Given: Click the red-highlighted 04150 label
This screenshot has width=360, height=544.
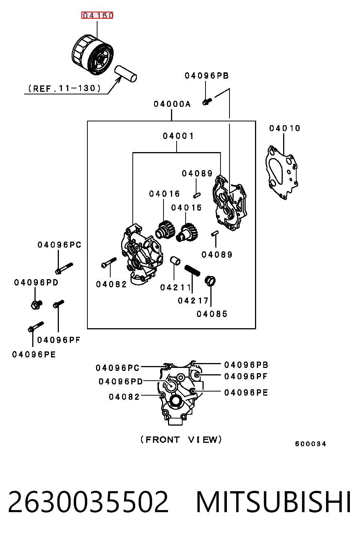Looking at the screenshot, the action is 97,15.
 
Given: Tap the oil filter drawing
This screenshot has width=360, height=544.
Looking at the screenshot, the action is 93,55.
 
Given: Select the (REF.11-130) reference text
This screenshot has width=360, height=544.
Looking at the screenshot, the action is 64,88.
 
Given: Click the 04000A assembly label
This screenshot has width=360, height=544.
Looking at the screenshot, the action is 172,104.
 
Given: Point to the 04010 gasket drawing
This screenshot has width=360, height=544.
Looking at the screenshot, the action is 282,172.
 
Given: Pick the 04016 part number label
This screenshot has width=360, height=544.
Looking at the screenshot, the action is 164,194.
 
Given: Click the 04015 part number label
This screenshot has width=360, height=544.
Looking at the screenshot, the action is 186,208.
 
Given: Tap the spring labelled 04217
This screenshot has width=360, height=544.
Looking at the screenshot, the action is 192,271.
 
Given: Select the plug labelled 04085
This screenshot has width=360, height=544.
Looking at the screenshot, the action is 210,281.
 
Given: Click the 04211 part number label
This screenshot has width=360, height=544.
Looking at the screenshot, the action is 175,287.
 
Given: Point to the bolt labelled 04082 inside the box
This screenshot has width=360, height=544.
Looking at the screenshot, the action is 109,263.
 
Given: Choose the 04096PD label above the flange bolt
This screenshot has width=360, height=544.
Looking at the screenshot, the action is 36,282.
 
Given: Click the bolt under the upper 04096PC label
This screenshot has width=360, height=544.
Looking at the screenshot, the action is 64,268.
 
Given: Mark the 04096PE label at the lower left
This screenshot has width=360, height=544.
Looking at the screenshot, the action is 34,354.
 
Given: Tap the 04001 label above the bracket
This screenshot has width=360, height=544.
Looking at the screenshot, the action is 178,136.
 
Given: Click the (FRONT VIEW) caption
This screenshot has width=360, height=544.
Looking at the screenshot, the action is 181,439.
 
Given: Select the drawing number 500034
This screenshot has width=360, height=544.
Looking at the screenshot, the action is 310,444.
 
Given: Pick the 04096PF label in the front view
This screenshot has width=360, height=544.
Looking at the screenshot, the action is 246,376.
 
